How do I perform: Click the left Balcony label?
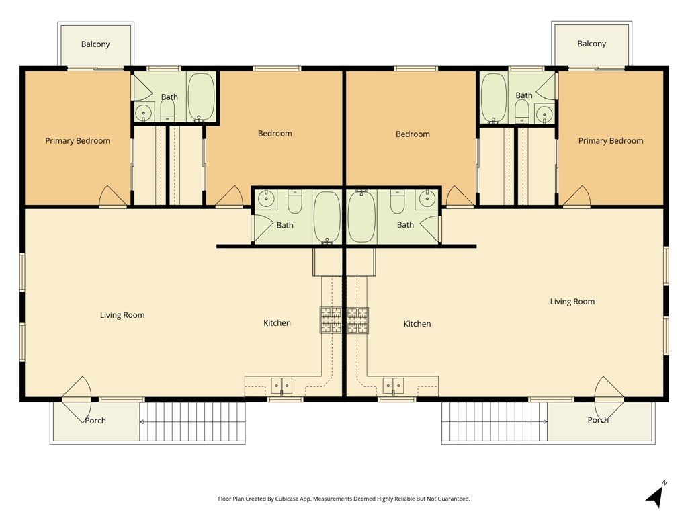pos(95,44)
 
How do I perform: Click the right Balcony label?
pos(591,44)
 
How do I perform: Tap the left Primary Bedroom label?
pos(78,141)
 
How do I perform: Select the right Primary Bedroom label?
pos(611,141)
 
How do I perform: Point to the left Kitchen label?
pos(277,323)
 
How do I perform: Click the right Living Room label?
pos(572,302)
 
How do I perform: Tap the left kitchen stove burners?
pos(331,320)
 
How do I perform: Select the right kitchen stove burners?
pos(358,320)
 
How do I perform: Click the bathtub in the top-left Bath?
pos(201,96)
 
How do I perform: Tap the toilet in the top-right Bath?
pos(521,112)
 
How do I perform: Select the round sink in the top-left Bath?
pos(144,113)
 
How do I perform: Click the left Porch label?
pos(95,421)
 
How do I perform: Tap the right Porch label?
pos(598,420)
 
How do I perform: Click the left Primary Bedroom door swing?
pos(113,197)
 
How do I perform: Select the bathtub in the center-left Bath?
pos(327,217)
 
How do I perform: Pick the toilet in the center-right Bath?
pos(398,202)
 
